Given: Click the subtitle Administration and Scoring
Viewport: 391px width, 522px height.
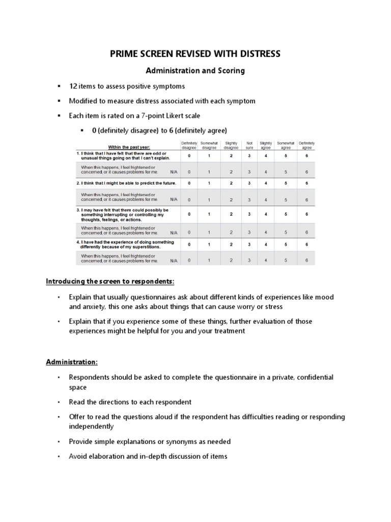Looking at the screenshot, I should point(195,71).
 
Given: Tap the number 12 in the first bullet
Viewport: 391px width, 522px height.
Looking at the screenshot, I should point(73,86).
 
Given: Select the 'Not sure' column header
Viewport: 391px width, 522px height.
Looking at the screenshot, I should point(249,146).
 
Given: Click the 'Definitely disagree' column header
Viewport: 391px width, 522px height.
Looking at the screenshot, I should point(189,146).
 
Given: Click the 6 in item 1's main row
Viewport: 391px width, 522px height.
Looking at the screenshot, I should point(306,155).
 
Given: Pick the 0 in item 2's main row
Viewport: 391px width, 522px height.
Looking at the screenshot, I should point(189,182).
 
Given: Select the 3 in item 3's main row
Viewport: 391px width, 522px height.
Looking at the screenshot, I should point(249,214).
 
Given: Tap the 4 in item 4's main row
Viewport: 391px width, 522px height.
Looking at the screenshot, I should point(266,244).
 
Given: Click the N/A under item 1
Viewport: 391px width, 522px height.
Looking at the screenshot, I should point(174,172).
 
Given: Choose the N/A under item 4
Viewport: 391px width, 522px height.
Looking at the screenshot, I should point(174,260).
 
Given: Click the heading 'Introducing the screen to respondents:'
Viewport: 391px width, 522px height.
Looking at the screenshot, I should point(110,281).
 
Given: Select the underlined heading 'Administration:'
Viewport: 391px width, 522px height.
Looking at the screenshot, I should point(72,362).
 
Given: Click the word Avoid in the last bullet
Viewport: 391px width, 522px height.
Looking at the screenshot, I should point(78,456).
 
